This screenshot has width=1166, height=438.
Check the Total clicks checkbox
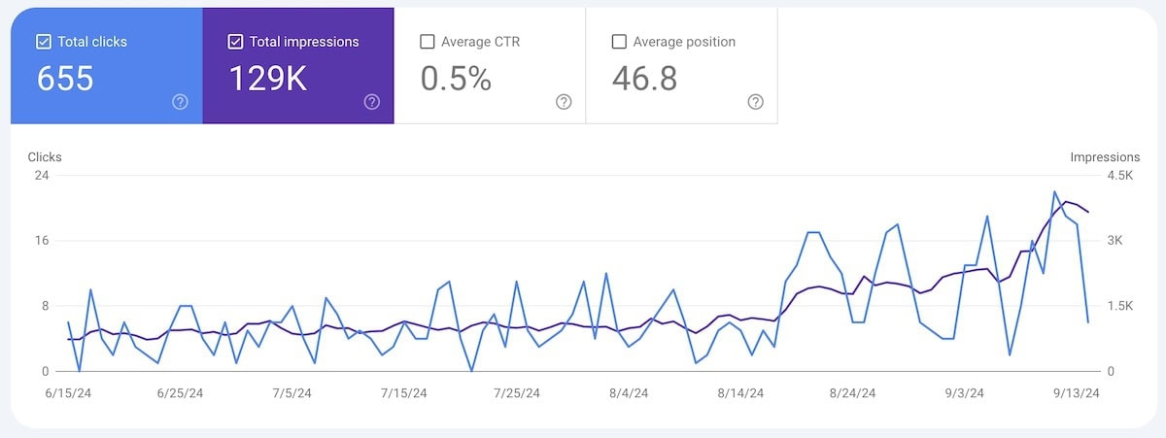click(x=43, y=42)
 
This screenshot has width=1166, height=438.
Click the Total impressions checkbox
click(x=235, y=42)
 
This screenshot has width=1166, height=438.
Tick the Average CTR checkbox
click(x=427, y=42)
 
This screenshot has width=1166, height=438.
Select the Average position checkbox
click(x=619, y=42)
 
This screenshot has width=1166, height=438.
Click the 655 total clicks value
click(x=65, y=79)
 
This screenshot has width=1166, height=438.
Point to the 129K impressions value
click(x=267, y=79)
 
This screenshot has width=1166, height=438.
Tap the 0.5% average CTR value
click(x=456, y=79)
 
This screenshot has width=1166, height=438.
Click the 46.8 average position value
click(x=644, y=79)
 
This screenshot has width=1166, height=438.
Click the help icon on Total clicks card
click(x=180, y=102)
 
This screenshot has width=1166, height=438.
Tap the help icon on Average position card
click(x=755, y=102)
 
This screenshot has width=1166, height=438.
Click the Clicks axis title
click(x=45, y=157)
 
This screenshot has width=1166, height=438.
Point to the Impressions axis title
click(x=1105, y=157)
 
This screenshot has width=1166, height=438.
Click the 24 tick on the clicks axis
click(x=42, y=176)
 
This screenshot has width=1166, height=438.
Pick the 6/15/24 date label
click(x=67, y=393)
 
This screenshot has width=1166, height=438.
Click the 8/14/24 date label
click(x=740, y=393)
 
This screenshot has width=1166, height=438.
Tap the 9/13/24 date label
click(x=1078, y=393)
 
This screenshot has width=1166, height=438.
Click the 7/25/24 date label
click(x=516, y=393)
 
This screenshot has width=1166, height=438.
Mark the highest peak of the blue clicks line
click(x=1055, y=192)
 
